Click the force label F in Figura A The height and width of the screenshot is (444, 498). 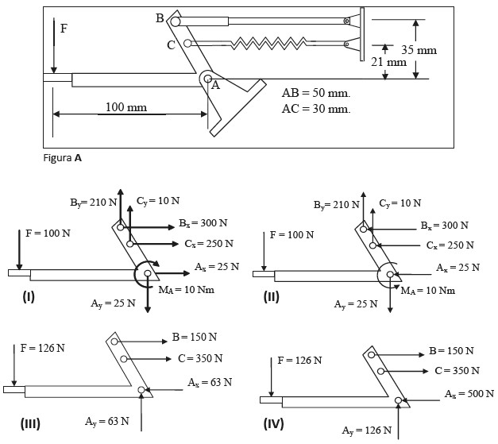click(x=64, y=30)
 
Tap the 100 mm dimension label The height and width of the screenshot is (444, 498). click(x=125, y=106)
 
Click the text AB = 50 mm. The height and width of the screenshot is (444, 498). click(x=315, y=93)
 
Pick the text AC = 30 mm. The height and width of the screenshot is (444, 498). click(x=315, y=108)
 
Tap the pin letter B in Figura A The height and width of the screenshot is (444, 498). click(x=160, y=17)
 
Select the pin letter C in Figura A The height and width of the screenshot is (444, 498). click(x=171, y=45)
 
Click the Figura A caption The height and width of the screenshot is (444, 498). click(x=62, y=157)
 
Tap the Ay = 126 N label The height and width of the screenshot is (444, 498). click(x=367, y=430)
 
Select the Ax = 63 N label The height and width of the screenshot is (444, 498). click(x=210, y=383)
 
